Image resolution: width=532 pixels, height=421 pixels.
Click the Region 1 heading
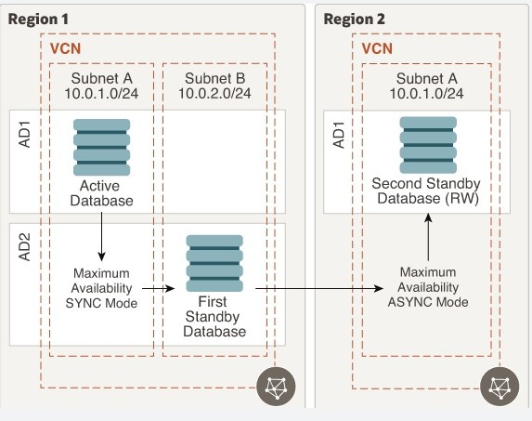[38, 20]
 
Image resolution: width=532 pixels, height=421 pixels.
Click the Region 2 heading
[355, 20]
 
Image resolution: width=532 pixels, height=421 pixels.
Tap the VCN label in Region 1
[66, 49]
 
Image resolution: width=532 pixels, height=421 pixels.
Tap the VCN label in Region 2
[377, 49]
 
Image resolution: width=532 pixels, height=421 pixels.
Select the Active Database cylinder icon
[101, 147]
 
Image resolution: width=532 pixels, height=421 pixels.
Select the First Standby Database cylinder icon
[214, 263]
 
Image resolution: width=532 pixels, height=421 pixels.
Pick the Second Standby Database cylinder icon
[428, 145]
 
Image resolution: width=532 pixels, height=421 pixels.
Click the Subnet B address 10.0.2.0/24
[214, 93]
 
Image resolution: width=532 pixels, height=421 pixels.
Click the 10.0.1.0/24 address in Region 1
[101, 93]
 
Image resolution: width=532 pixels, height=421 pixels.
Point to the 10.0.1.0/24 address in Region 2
[426, 93]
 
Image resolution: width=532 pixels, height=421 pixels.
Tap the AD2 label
[25, 247]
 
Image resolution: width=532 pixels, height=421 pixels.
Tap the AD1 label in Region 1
[25, 135]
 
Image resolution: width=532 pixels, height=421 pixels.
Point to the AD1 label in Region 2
[339, 135]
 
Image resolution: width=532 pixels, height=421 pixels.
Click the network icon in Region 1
[276, 387]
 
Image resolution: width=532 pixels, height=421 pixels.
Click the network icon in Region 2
[500, 387]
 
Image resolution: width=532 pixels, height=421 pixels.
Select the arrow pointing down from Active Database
[101, 237]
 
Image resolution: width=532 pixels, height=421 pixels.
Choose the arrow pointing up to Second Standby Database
[428, 237]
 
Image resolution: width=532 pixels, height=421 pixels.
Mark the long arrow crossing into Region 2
[319, 289]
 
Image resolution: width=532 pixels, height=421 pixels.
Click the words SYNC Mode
[101, 303]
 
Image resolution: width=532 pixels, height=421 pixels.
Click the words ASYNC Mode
[428, 302]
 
